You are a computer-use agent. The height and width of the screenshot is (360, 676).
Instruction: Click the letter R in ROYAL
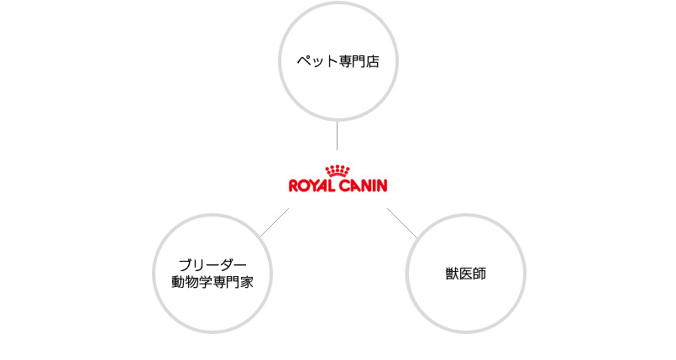293,185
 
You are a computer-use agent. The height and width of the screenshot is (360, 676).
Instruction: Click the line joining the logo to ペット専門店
338,136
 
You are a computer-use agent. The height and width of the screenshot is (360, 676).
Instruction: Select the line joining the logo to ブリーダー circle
275,222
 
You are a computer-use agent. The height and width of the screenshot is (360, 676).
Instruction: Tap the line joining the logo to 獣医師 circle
401,222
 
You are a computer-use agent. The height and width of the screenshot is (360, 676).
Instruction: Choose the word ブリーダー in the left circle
212,264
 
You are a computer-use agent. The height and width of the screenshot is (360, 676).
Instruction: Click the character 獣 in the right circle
452,274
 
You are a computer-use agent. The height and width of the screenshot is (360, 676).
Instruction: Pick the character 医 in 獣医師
465,274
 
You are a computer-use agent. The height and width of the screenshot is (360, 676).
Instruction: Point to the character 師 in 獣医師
479,274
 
